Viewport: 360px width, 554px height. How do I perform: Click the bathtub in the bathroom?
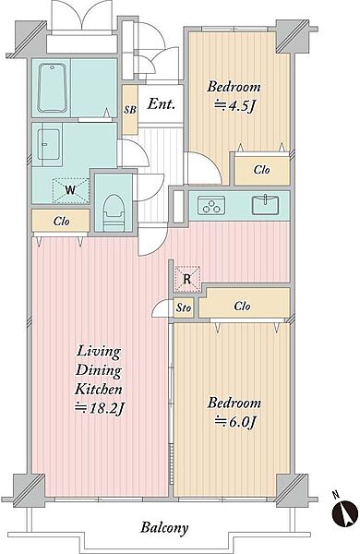pyautogui.click(x=53, y=88)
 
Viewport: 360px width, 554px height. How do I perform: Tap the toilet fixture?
pyautogui.click(x=113, y=212)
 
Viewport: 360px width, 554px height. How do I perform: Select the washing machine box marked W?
pyautogui.click(x=71, y=190)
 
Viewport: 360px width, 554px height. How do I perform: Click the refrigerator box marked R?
pyautogui.click(x=187, y=279)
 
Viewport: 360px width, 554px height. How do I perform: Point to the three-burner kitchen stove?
pyautogui.click(x=211, y=206)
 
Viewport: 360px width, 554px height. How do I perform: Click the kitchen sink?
pyautogui.click(x=265, y=205)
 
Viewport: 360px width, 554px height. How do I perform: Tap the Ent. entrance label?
pyautogui.click(x=162, y=103)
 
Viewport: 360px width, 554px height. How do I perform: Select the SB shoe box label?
pyautogui.click(x=129, y=110)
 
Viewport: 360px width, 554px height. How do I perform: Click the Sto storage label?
pyautogui.click(x=184, y=307)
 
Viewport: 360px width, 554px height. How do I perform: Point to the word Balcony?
pyautogui.click(x=164, y=528)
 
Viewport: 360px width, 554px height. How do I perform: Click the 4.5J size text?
pyautogui.click(x=234, y=105)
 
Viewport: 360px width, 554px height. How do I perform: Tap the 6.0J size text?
pyautogui.click(x=235, y=422)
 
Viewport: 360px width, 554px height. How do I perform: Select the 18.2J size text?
pyautogui.click(x=100, y=408)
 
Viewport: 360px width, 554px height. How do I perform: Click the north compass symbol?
pyautogui.click(x=345, y=512)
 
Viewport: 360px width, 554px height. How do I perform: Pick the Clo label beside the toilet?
pyautogui.click(x=62, y=222)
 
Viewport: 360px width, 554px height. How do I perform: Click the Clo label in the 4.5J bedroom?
pyautogui.click(x=262, y=170)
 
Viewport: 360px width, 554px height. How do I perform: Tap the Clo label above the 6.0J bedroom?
pyautogui.click(x=243, y=306)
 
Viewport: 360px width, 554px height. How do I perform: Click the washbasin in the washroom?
pyautogui.click(x=49, y=145)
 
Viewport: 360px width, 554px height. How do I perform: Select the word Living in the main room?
pyautogui.click(x=99, y=352)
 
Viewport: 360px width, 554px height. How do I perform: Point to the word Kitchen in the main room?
pyautogui.click(x=99, y=389)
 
